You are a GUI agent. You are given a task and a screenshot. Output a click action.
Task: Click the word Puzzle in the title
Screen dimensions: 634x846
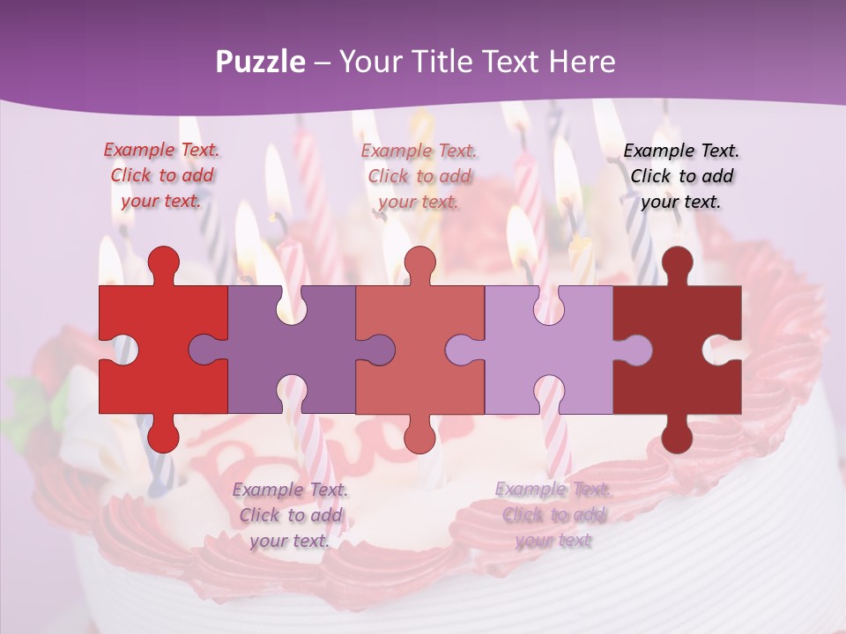click(x=261, y=63)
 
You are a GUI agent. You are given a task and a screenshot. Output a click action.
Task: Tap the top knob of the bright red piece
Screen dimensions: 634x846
click(x=163, y=262)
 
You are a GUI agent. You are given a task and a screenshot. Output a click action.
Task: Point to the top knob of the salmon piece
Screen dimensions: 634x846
click(x=419, y=262)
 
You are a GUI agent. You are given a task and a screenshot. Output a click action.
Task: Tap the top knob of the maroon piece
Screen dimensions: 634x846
click(x=677, y=262)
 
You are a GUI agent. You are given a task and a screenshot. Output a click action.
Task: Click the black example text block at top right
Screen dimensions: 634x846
click(x=681, y=176)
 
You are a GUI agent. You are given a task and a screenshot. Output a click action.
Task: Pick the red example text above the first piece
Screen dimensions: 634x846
click(x=161, y=175)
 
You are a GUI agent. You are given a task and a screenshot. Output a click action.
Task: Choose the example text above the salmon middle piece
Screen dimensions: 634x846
click(x=419, y=176)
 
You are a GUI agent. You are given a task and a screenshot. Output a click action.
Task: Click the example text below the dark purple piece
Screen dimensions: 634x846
click(x=290, y=515)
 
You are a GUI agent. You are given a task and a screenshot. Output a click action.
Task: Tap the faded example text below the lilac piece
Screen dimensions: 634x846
click(x=553, y=515)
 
